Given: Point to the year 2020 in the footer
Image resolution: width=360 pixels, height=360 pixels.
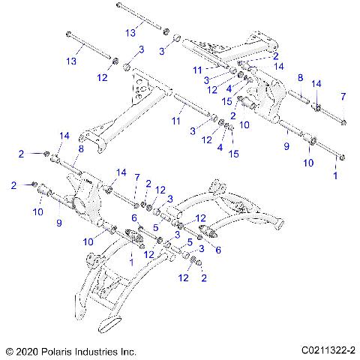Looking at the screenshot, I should tap(28, 350).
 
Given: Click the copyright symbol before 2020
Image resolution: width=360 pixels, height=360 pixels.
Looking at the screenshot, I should tap(9, 350).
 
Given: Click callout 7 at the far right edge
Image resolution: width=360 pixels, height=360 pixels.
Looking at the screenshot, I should tap(343, 96).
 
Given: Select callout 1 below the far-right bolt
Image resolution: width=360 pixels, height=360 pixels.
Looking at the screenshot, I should tap(335, 174).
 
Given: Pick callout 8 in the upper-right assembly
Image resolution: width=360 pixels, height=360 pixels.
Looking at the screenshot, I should tap(299, 77).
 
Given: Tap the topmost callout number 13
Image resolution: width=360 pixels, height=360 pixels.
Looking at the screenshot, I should tap(131, 32).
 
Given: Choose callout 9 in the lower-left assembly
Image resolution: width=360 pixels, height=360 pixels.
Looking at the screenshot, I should tap(58, 222).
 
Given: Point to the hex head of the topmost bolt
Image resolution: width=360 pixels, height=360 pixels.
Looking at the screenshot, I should tap(119, 7).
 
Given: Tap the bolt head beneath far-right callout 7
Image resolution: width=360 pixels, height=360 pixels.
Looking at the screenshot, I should tap(343, 122).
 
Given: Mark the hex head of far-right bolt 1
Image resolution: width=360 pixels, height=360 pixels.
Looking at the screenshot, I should tap(343, 157).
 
